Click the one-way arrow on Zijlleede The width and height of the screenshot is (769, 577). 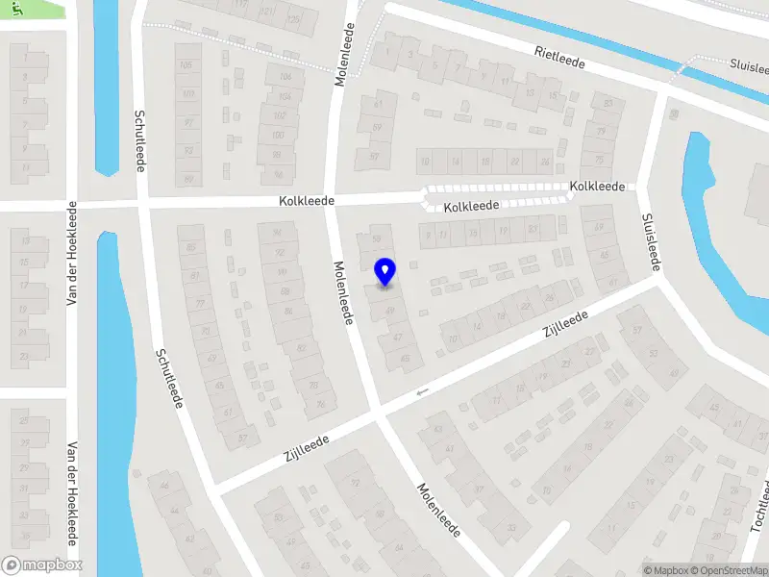(x=420, y=392)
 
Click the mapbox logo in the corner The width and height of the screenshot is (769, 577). (x=42, y=565)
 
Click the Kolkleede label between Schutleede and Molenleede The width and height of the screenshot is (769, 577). (x=307, y=201)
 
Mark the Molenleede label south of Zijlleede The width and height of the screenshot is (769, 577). (x=438, y=509)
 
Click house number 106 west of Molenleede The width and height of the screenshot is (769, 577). (x=285, y=77)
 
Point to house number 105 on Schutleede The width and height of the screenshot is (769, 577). (x=186, y=64)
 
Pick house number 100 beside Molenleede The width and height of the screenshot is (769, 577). (x=279, y=135)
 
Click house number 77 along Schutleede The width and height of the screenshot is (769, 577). (x=201, y=304)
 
